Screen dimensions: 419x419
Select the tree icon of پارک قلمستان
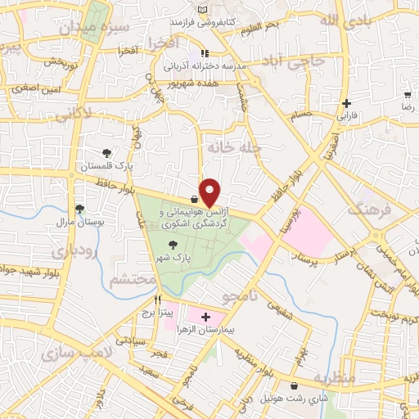point(107,152)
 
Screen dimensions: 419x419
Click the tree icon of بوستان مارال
point(79,209)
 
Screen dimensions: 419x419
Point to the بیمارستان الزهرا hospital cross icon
point(205,317)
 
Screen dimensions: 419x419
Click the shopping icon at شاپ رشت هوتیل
point(294,385)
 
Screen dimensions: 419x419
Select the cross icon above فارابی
point(348,103)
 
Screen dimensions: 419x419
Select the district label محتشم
point(132,280)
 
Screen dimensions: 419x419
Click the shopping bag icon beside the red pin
point(194,199)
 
